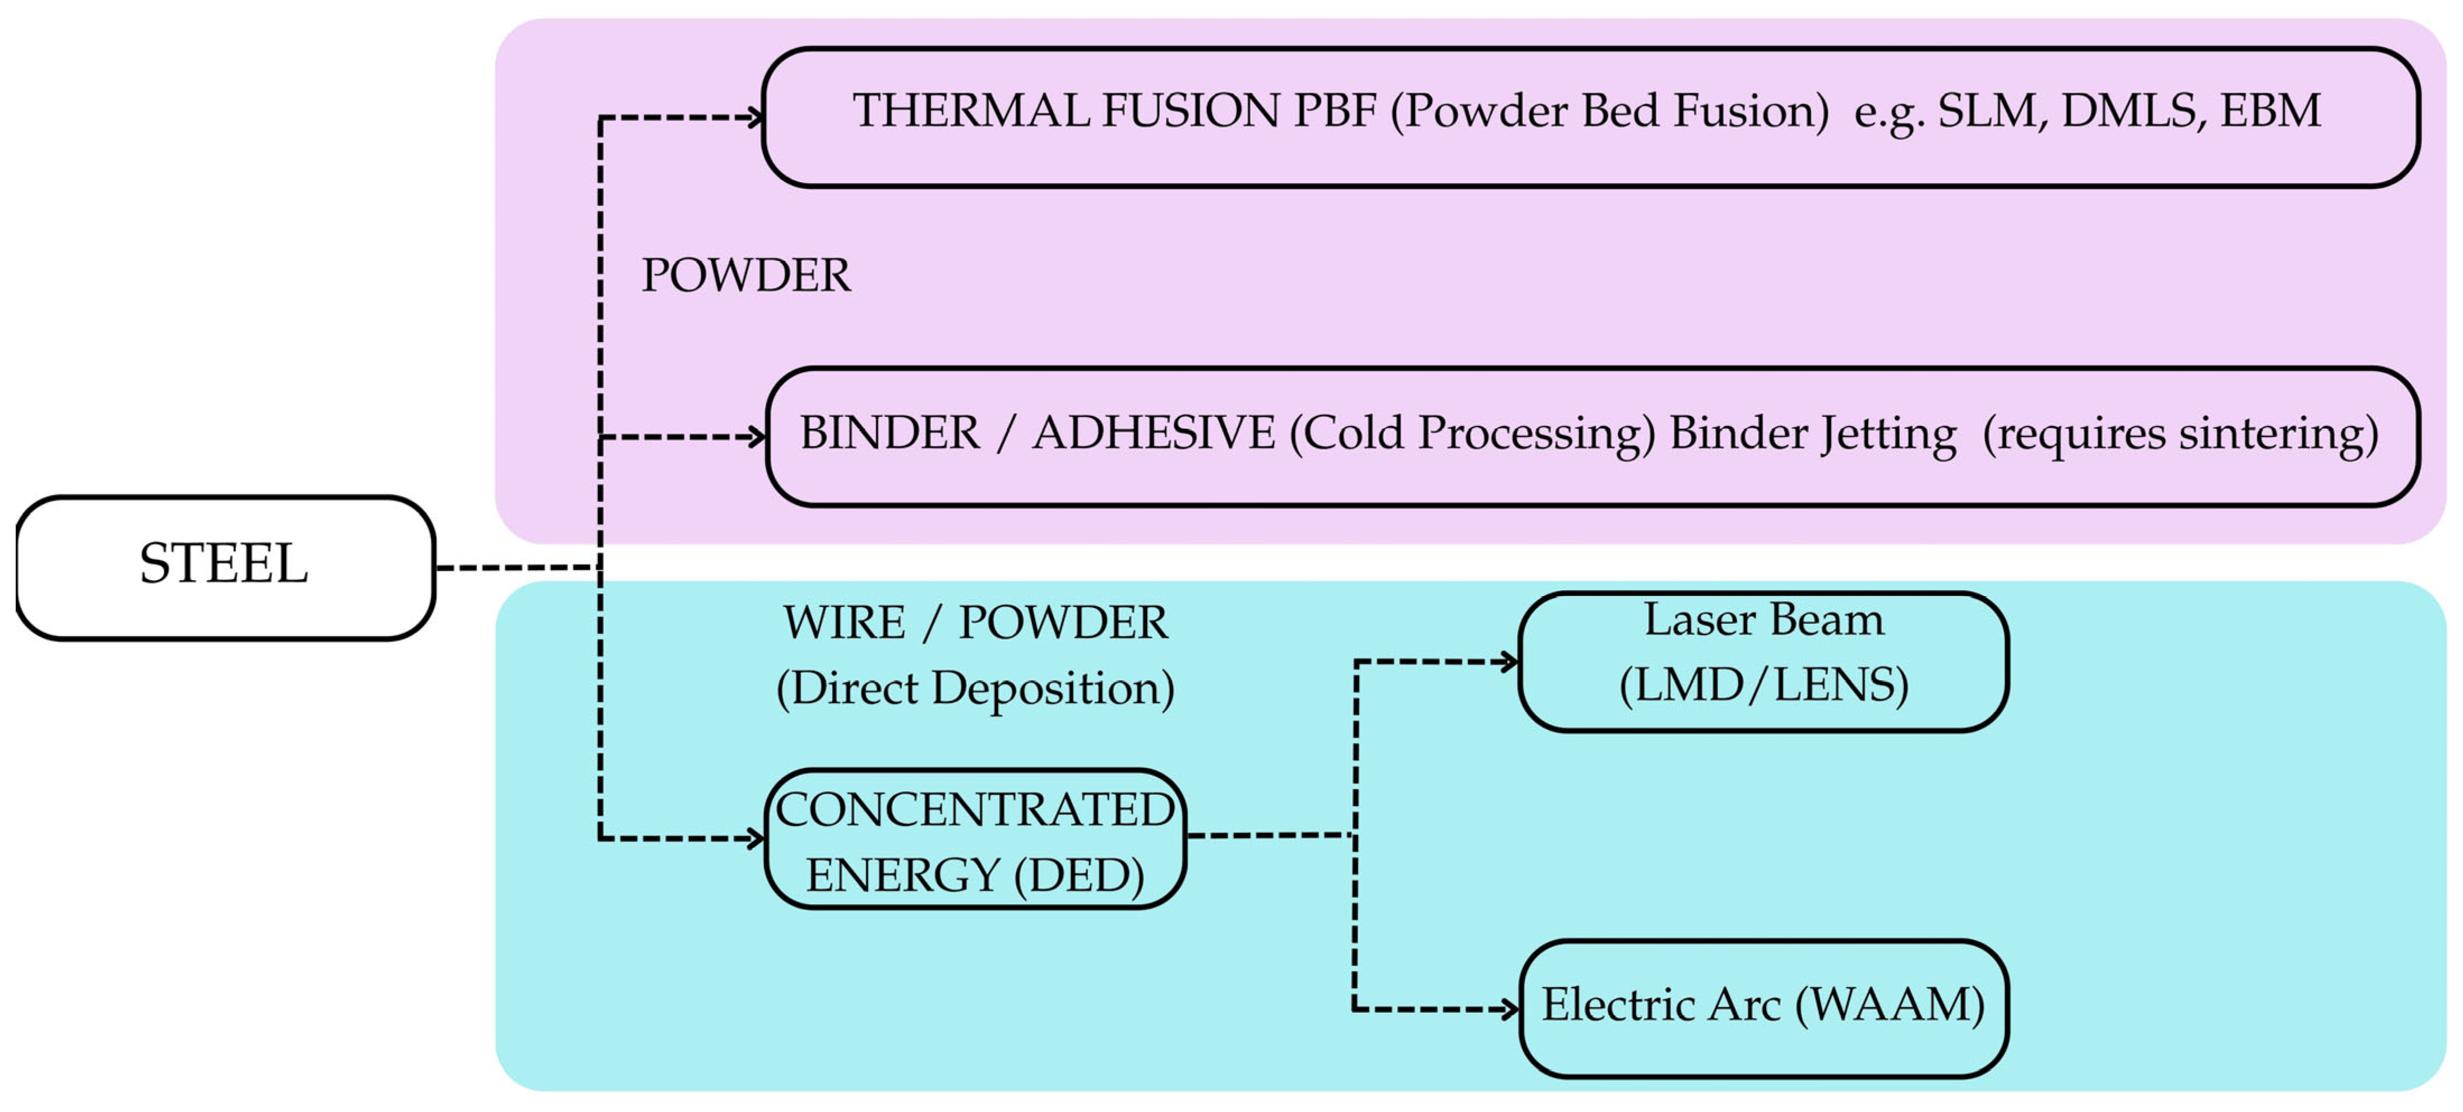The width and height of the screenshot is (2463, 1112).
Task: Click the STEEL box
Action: (226, 567)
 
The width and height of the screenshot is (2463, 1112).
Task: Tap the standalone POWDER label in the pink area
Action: (746, 275)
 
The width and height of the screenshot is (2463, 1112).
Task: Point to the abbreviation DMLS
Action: (2128, 111)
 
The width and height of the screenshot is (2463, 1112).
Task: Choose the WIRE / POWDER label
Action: (975, 623)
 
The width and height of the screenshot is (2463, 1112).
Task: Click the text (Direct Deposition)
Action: (975, 688)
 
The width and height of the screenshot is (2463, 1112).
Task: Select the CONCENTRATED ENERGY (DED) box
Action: (975, 838)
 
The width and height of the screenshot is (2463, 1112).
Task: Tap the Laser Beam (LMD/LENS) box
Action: (1763, 662)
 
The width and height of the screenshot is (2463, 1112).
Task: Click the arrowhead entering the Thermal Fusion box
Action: (756, 118)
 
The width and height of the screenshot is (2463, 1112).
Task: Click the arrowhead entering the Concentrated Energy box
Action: (756, 838)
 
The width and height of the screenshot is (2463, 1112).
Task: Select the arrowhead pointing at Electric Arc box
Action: (1510, 1009)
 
